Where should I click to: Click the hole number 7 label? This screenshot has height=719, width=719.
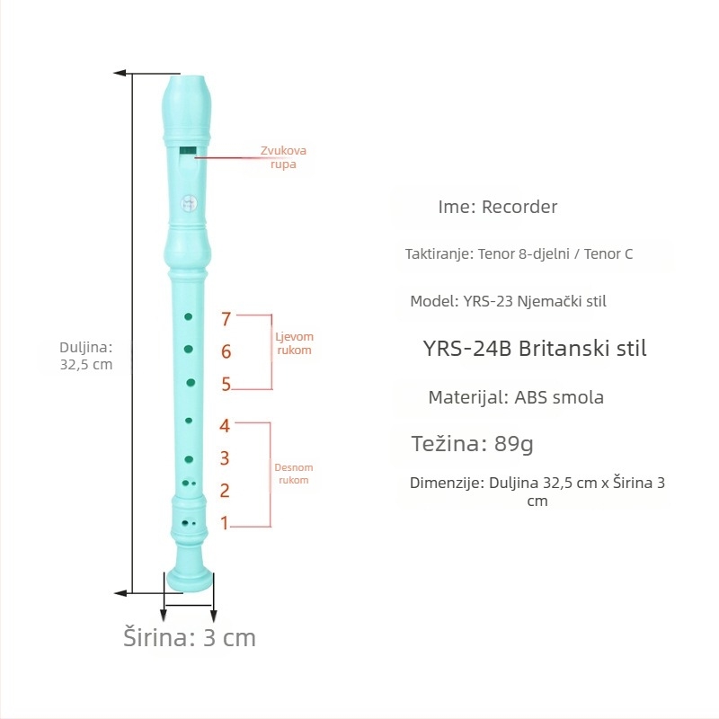226,319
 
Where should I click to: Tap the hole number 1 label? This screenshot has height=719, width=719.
224,523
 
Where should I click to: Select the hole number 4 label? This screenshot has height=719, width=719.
224,425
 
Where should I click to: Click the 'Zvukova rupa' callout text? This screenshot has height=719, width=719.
283,157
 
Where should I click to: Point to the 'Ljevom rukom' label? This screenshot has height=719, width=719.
295,343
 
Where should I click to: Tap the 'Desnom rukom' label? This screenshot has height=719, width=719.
294,474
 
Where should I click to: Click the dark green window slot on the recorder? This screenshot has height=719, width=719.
188,151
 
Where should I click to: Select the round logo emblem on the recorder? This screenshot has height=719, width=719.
189,203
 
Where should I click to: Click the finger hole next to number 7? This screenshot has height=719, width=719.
188,316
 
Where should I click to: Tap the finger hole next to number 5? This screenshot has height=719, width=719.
191,383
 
